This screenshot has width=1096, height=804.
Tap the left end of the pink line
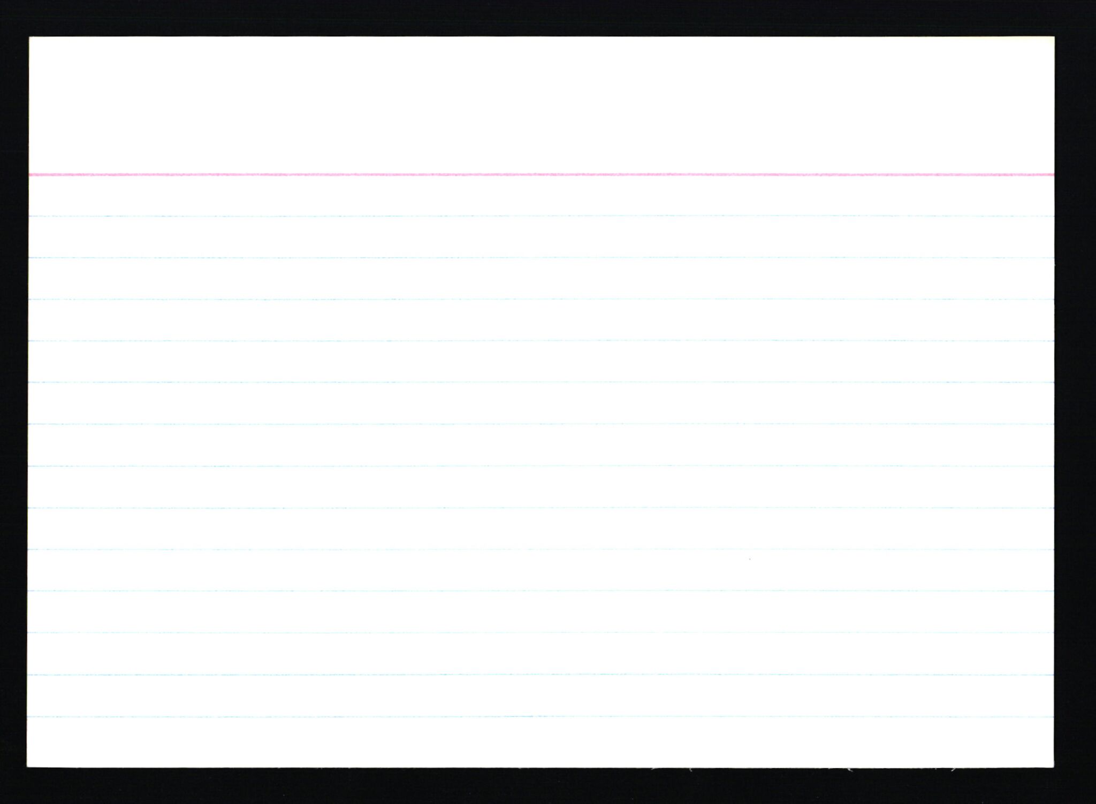(x=31, y=174)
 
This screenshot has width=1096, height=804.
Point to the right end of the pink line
(x=1052, y=174)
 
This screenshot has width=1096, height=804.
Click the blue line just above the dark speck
(x=749, y=549)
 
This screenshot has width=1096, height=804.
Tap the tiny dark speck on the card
(x=749, y=560)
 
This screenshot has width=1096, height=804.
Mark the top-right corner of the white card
(x=1053, y=37)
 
